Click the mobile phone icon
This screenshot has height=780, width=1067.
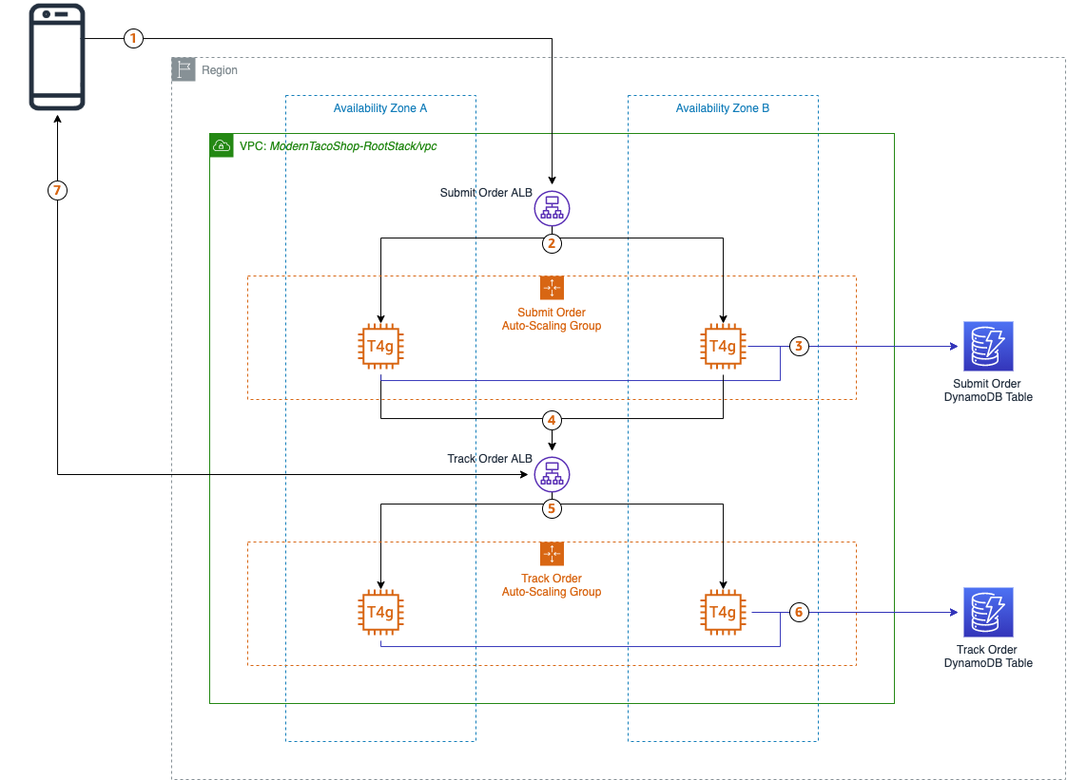coord(56,57)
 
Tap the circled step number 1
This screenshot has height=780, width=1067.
coord(133,39)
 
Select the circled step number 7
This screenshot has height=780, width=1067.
coord(57,191)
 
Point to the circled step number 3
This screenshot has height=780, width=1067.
coord(799,347)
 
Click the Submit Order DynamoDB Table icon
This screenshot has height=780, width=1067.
coord(988,347)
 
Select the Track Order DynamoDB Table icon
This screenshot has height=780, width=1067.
coord(988,613)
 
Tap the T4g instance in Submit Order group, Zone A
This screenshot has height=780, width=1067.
coord(380,347)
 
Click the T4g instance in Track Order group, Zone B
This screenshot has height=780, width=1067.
coord(723,613)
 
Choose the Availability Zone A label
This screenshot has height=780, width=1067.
coord(379,108)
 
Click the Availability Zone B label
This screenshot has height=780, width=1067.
coord(723,108)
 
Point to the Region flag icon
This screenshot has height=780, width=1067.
coord(183,69)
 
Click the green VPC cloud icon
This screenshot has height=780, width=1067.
coord(221,145)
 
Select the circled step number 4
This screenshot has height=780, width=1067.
coord(552,419)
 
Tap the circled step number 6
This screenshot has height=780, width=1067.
coord(799,613)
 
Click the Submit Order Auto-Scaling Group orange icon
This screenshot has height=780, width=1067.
coord(552,288)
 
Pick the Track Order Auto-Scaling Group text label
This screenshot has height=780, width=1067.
coord(552,585)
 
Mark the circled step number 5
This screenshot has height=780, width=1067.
coord(552,508)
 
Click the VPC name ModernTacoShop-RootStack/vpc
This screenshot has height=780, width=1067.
coord(354,146)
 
